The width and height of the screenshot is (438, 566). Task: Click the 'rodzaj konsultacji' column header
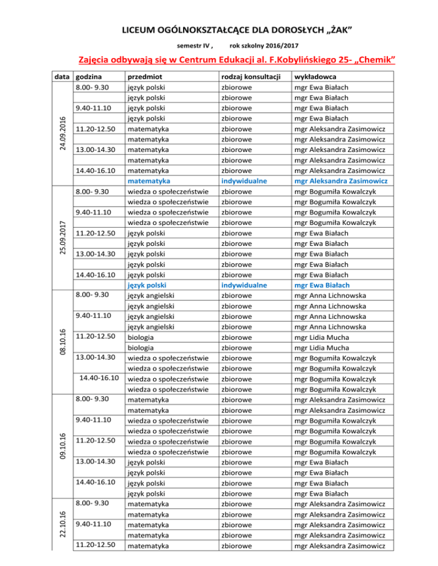(251, 77)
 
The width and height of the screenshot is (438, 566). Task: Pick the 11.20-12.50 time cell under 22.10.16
(96, 544)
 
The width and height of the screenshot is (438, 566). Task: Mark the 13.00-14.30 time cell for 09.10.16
(96, 461)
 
